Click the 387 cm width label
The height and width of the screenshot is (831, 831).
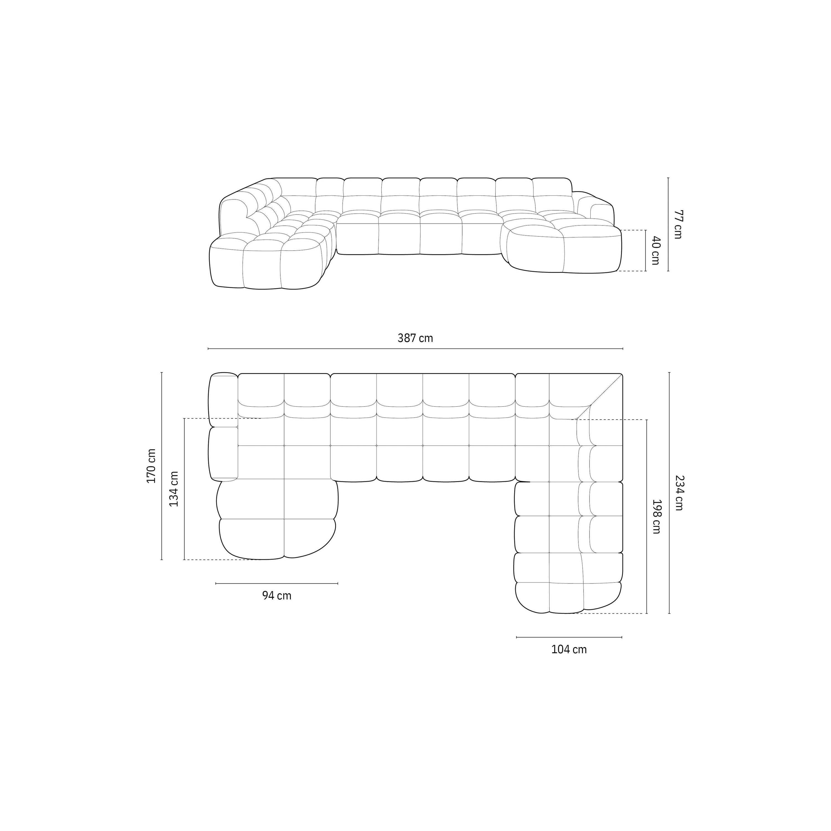[415, 338]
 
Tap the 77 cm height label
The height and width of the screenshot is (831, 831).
[678, 224]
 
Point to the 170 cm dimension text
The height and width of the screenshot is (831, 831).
[152, 466]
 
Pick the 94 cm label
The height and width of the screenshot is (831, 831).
[276, 596]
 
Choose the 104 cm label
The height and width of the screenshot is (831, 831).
[569, 650]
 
